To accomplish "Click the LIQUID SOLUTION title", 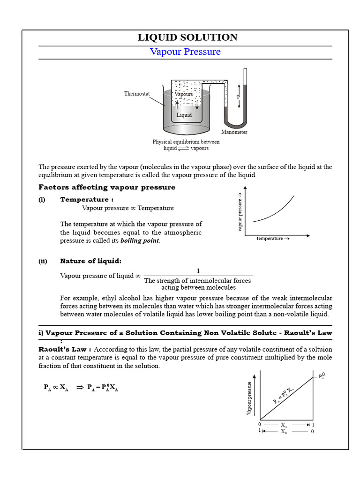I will click(187, 37).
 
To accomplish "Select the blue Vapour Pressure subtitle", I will click(185, 52).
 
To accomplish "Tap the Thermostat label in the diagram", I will click(137, 94).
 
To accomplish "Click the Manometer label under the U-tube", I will click(234, 132).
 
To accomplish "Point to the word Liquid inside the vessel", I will click(184, 115).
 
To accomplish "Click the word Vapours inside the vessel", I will click(184, 94).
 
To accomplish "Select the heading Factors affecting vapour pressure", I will click(107, 187).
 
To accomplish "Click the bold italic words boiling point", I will click(140, 241).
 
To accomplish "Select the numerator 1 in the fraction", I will click(198, 271).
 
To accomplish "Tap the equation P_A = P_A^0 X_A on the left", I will click(103, 388).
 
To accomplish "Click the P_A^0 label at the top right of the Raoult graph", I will click(322, 376).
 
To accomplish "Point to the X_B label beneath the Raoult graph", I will click(285, 431).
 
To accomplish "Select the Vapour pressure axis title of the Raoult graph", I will click(249, 398).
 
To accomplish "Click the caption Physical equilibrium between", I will click(186, 142).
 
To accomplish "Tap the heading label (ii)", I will click(43, 261).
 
